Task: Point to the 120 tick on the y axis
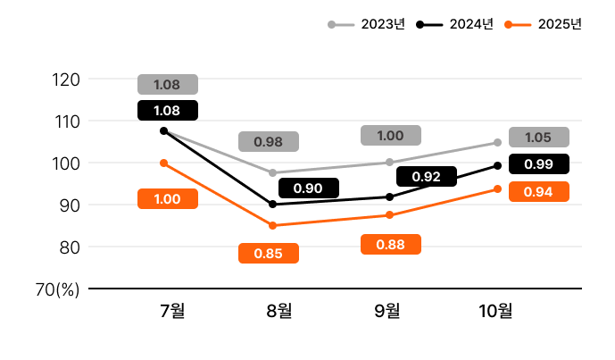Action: point(67,80)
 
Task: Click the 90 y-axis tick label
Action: point(69,205)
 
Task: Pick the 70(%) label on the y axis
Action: point(58,289)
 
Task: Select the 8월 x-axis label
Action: point(279,312)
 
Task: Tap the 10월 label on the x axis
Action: point(496,312)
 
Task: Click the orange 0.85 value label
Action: point(269,253)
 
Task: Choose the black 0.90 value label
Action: point(308,188)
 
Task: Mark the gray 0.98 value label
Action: point(269,141)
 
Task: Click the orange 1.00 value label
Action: point(168,199)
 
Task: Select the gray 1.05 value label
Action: point(538,137)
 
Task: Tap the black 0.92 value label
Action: point(427,177)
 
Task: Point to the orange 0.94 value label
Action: point(538,191)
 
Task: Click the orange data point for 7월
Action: point(163,163)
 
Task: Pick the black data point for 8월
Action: point(272,205)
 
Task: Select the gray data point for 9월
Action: point(389,162)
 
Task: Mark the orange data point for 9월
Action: point(389,214)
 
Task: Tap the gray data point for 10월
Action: point(497,142)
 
